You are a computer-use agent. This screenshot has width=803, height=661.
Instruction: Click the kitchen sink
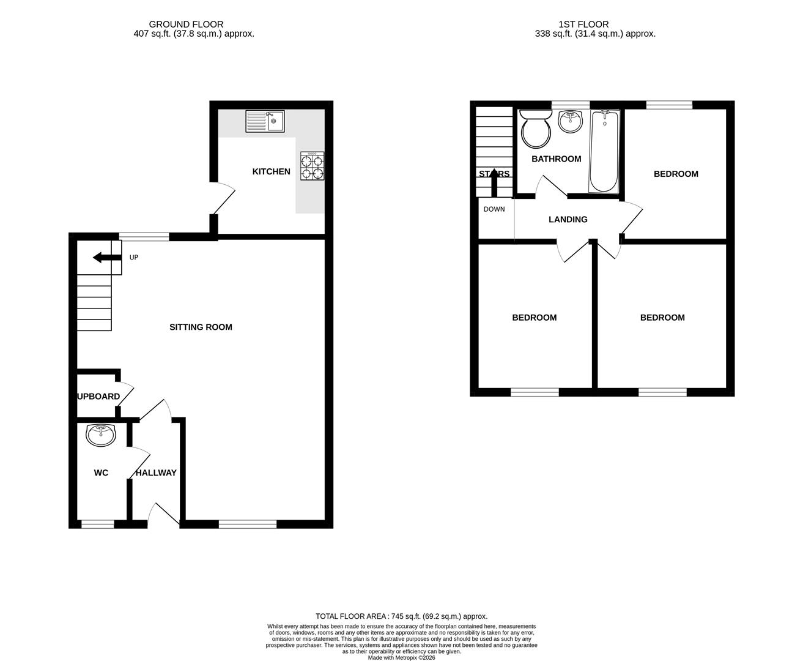coord(265,121)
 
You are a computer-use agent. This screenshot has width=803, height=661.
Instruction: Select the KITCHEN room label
coord(271,172)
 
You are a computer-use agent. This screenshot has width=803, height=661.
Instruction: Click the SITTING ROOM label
coord(201,327)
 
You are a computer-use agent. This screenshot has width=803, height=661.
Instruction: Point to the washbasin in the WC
coord(101,435)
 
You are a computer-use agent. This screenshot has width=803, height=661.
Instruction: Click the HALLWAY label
coord(156,473)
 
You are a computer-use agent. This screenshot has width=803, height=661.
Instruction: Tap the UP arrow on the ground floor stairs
coord(106,258)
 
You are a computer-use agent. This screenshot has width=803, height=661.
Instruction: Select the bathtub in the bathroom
coord(604,151)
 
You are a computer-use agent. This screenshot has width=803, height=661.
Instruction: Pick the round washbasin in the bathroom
coord(572,121)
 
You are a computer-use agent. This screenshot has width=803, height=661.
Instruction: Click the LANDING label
coord(568,220)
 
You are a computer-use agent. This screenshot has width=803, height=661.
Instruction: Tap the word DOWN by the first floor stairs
coord(494,209)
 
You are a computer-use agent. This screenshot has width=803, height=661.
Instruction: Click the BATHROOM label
coord(556,159)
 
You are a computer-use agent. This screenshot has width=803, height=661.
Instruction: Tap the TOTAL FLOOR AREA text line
coord(401,616)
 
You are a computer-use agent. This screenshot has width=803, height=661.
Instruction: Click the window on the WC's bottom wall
coord(98,524)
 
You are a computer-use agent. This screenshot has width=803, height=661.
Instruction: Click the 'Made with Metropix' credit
coord(401,658)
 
